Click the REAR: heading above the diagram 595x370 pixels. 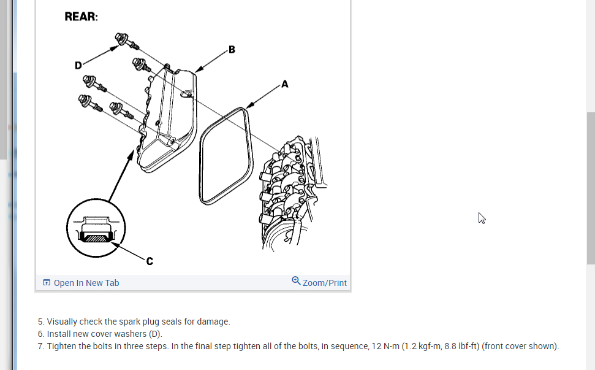[81, 17]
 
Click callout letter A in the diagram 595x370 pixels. [285, 83]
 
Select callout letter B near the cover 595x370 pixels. [232, 49]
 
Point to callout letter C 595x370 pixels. [150, 261]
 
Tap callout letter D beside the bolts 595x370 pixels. [78, 64]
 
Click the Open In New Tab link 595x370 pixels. [86, 283]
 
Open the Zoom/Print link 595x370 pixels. [324, 283]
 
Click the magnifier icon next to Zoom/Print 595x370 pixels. [296, 281]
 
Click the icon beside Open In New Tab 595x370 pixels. [47, 283]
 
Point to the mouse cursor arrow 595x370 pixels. [482, 218]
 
